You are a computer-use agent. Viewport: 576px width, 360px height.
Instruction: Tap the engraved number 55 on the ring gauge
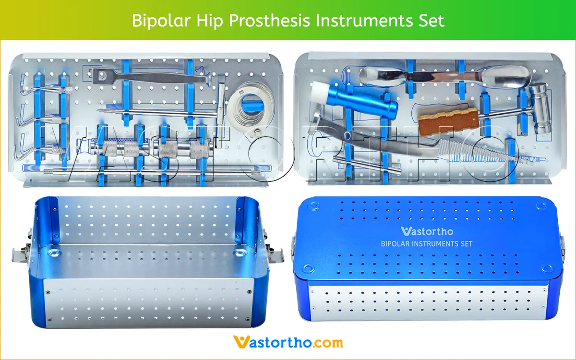[x=241, y=91]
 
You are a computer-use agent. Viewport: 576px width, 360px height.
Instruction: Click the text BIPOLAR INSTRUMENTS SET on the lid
[x=426, y=244]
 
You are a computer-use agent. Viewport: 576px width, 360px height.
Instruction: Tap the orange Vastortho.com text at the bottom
[x=288, y=342]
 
